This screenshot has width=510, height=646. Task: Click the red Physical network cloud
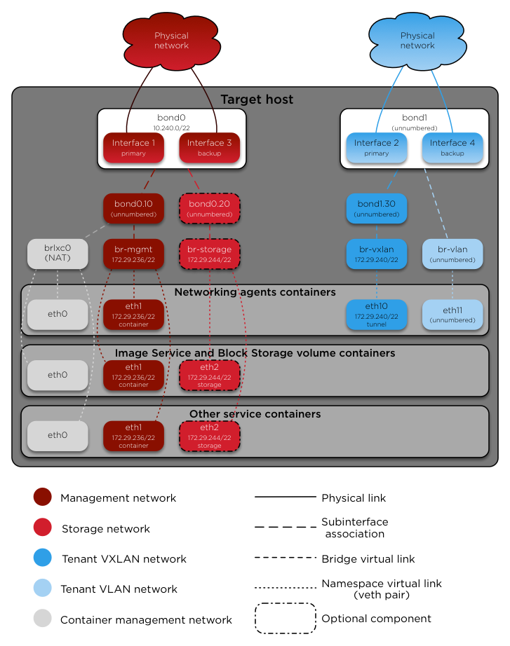tap(171, 41)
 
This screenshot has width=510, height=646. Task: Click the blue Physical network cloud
tap(417, 41)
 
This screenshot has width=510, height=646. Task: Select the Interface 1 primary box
tap(133, 148)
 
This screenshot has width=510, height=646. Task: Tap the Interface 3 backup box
tap(210, 148)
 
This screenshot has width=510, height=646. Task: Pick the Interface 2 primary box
tap(377, 148)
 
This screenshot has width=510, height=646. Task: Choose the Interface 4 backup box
tap(452, 148)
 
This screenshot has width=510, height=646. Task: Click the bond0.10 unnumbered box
tap(133, 209)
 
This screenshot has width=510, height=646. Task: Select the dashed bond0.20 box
tap(210, 209)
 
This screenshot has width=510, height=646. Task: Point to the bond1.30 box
tap(377, 209)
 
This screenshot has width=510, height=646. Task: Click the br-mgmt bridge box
tap(133, 254)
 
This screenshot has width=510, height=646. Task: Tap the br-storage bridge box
tap(210, 254)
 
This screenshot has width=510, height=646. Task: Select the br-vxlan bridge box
tap(377, 254)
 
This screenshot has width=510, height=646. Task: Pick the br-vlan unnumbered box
tap(452, 254)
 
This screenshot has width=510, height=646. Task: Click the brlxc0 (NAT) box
tap(58, 254)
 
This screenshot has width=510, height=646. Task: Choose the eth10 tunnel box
tap(377, 315)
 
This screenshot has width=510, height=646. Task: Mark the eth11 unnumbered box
tap(452, 315)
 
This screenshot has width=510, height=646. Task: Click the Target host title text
tap(257, 99)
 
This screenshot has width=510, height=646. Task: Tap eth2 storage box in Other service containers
tap(210, 436)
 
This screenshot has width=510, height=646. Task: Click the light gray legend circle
tap(42, 618)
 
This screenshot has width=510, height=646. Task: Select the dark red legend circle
tap(42, 497)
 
